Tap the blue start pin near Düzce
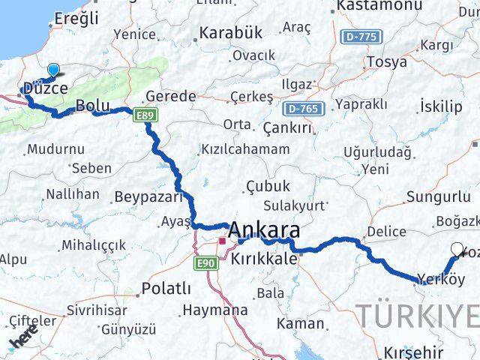tap(53, 70)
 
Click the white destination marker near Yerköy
tap(457, 250)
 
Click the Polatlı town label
tap(166, 289)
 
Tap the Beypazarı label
tap(148, 197)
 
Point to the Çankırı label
tap(287, 127)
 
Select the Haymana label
tap(214, 309)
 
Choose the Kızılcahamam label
tap(245, 148)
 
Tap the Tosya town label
tap(386, 61)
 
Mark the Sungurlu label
tap(432, 197)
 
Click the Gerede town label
tap(170, 96)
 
